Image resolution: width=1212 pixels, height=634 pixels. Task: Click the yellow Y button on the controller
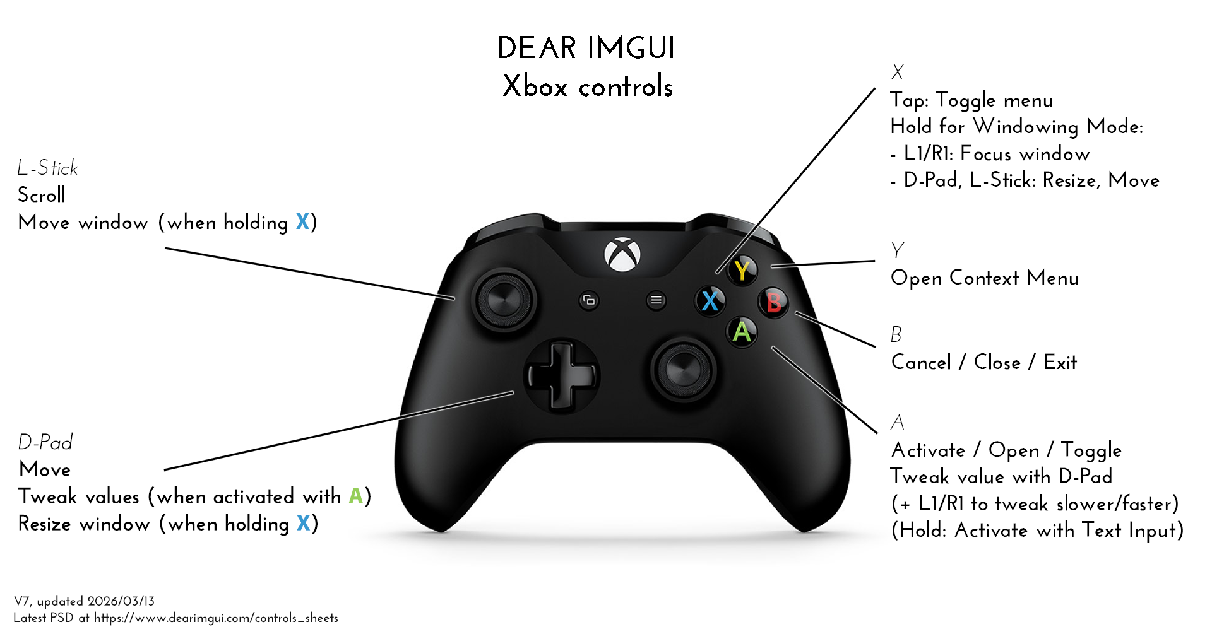tap(742, 270)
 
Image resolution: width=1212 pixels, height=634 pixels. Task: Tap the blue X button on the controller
tap(710, 300)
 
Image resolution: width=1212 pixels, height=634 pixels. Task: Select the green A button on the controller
tap(742, 331)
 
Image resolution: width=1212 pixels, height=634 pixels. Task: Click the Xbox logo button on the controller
tap(622, 255)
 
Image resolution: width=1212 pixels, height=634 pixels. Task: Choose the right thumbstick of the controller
tap(684, 368)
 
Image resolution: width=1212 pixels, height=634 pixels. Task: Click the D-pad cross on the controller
tap(561, 376)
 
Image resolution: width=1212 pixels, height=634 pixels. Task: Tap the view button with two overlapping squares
tap(589, 300)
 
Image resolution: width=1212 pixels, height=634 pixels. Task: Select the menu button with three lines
tap(656, 300)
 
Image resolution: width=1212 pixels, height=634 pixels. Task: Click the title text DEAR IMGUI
tap(586, 49)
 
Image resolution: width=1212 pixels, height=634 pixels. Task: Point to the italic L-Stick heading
tap(48, 168)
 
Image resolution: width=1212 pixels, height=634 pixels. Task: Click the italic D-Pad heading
tap(45, 442)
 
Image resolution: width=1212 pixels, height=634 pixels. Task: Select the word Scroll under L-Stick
tap(42, 195)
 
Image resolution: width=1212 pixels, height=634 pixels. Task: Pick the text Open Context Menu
tap(985, 278)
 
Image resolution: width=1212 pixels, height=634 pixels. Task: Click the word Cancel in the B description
tap(921, 363)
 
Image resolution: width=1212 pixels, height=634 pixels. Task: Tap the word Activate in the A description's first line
tap(928, 450)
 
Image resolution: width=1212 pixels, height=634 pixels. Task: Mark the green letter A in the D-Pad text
tap(356, 496)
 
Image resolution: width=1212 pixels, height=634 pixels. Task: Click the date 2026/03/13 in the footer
tap(121, 601)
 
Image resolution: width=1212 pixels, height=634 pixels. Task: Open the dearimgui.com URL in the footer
tap(216, 618)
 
